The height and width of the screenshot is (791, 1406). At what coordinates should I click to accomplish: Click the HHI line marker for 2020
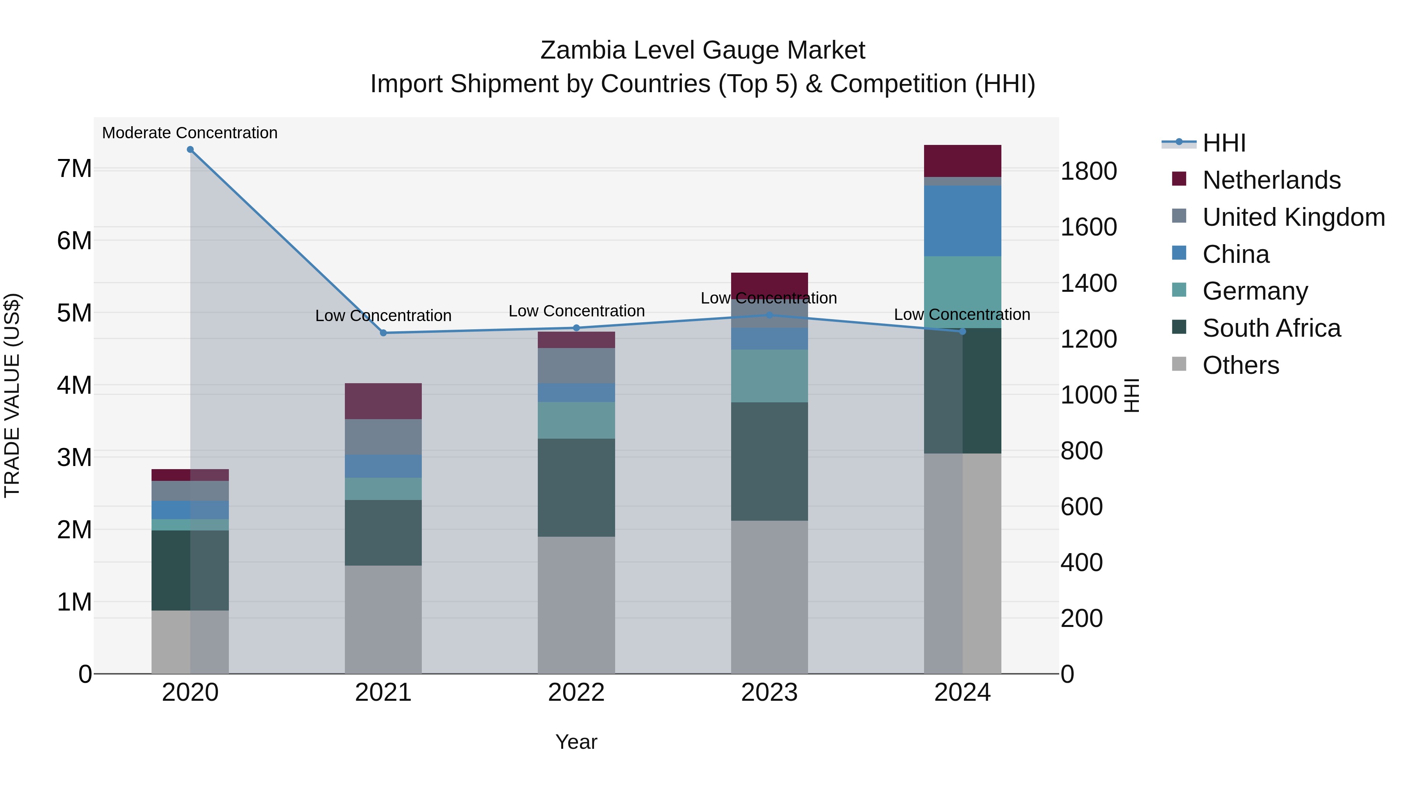(190, 150)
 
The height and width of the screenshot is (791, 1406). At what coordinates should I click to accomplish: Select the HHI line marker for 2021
(383, 333)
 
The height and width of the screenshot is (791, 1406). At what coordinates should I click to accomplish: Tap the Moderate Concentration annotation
(189, 133)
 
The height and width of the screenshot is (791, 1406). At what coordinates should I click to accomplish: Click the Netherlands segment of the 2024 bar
(962, 161)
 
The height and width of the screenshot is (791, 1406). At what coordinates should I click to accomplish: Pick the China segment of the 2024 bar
(962, 221)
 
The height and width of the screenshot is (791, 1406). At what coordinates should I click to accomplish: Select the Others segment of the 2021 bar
(383, 619)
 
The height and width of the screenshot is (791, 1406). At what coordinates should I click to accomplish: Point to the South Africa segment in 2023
(769, 461)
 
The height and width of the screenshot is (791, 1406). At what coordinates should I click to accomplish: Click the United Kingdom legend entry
(1293, 217)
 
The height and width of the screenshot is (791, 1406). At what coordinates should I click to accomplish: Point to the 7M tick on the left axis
(74, 169)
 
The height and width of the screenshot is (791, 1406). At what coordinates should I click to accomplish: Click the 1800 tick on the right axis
(1088, 171)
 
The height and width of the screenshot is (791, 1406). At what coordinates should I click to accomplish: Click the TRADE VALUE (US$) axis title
(12, 395)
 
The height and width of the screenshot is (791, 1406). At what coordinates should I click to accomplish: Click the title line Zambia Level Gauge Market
(703, 50)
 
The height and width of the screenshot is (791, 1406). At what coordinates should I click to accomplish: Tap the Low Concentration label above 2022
(576, 311)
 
